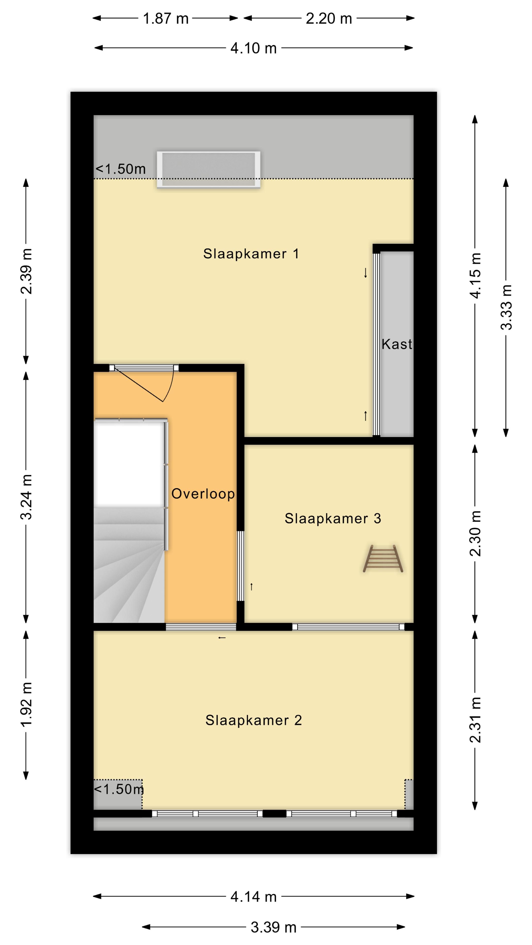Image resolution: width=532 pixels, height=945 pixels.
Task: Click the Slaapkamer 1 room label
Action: click(251, 253)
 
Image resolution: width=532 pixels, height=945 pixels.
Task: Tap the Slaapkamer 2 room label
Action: click(254, 720)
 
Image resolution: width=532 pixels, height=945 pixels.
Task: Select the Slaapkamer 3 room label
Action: click(333, 518)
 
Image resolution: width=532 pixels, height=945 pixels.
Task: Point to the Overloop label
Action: click(203, 494)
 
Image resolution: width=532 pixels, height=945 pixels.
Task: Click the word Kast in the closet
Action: click(397, 344)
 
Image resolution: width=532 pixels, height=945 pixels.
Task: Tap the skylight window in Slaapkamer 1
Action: click(209, 170)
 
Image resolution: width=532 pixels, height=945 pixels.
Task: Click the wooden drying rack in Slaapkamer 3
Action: click(383, 558)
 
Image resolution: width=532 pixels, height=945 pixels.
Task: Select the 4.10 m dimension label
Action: click(253, 48)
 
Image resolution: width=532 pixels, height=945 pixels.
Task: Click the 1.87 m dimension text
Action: click(166, 18)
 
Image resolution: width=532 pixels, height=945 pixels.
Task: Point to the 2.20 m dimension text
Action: click(329, 18)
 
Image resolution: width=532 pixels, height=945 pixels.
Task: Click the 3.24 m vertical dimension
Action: click(26, 497)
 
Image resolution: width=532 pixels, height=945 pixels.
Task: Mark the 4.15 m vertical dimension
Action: click(475, 276)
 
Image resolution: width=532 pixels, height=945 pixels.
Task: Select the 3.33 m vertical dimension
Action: click(506, 307)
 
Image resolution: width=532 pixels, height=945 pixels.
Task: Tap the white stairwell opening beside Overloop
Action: click(129, 464)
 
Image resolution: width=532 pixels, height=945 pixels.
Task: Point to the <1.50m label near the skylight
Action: click(121, 169)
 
